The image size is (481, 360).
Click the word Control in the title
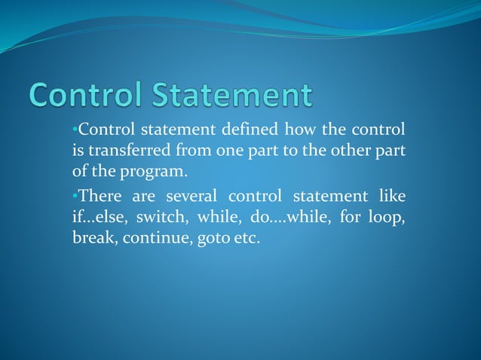coord(87,96)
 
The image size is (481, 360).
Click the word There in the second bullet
coord(100,197)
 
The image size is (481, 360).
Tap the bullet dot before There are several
coord(75,197)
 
